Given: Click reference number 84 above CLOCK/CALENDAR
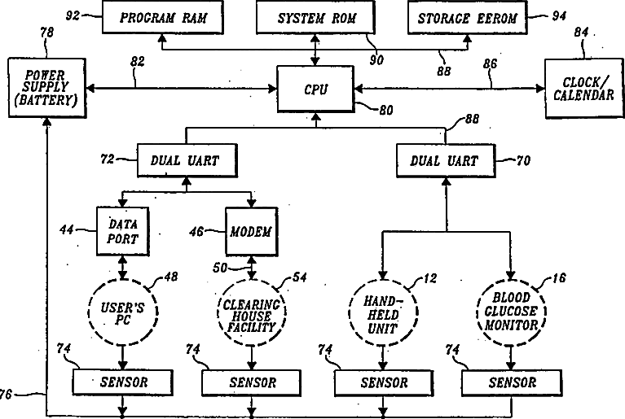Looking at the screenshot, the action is tap(581, 32).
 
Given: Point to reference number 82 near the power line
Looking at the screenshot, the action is tap(138, 62).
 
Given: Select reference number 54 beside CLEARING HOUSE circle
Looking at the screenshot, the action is tap(300, 277).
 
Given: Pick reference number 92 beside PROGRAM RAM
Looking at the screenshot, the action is tap(73, 15).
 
